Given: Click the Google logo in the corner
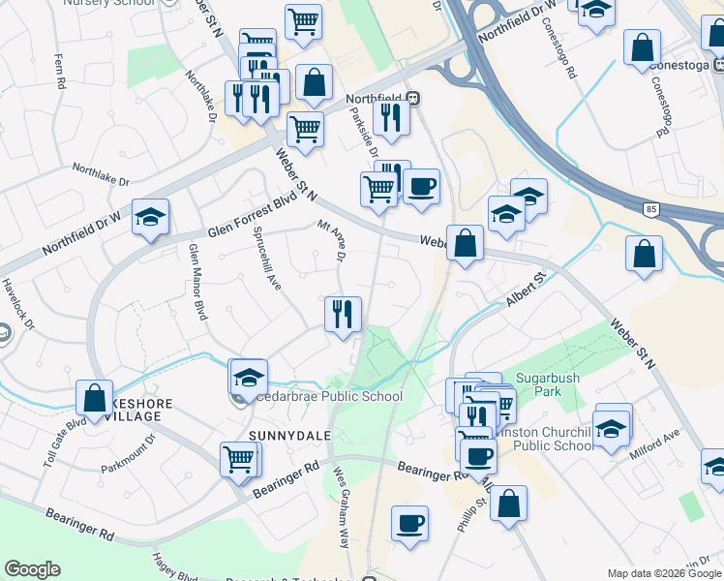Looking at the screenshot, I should coord(32,569).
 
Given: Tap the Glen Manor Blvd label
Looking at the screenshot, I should coord(197,282).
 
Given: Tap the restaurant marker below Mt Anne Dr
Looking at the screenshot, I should coord(343,315).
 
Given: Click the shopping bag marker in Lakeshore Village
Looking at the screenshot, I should coord(94,398).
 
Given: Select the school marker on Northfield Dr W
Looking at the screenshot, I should coord(150,218).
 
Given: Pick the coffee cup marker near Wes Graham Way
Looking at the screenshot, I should coord(409,523).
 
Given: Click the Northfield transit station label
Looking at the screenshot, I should coord(378,98).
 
